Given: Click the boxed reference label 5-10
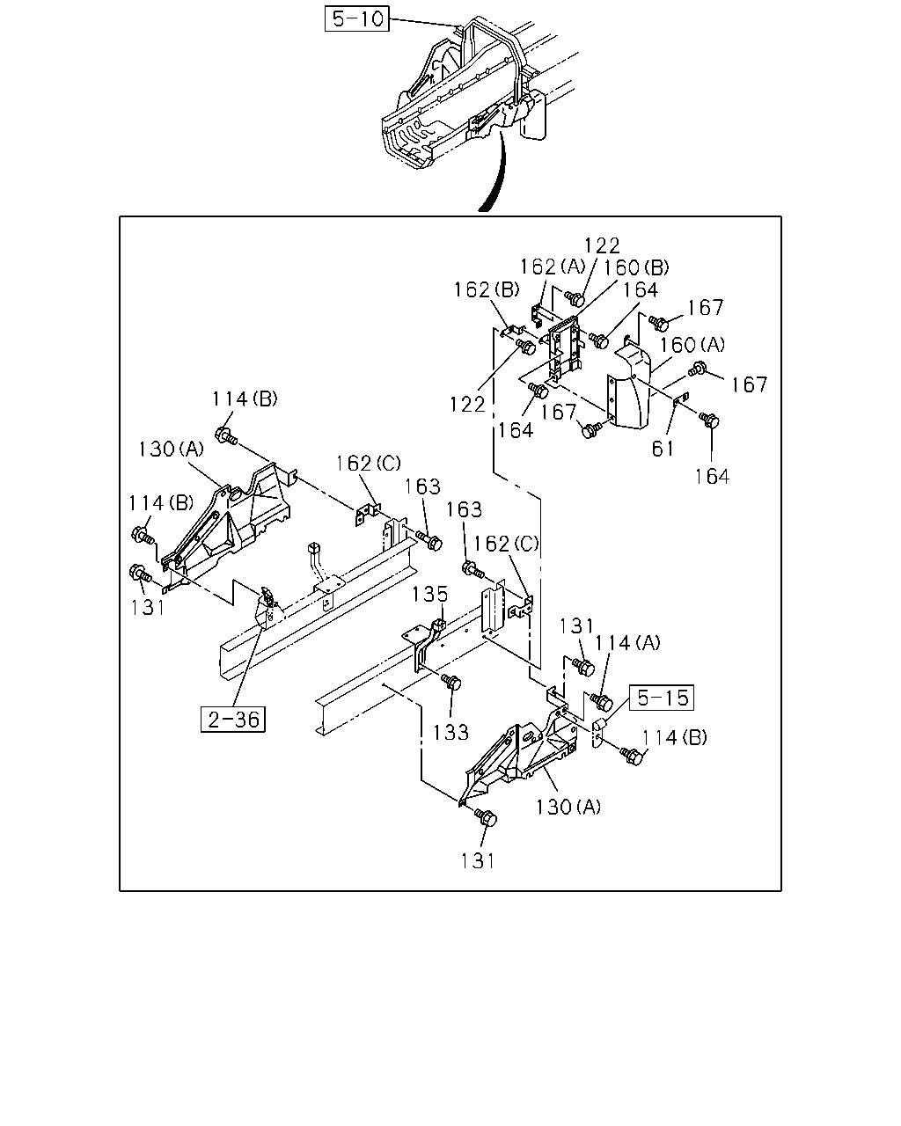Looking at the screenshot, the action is click(x=356, y=19).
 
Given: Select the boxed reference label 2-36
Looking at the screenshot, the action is click(x=233, y=720).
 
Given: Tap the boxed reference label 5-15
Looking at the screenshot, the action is click(x=662, y=698).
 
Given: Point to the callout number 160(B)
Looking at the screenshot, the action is click(x=636, y=268).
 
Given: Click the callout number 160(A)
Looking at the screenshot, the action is click(x=692, y=345).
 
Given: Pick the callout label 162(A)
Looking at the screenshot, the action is click(x=553, y=267).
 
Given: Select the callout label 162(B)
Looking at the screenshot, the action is click(x=487, y=289).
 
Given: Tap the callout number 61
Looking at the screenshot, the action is click(x=663, y=449).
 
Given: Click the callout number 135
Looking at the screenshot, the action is click(x=429, y=595).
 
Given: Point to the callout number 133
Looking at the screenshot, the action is click(x=450, y=733).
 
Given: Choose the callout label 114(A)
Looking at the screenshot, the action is click(x=627, y=642).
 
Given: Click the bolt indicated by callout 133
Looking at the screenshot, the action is click(x=451, y=682).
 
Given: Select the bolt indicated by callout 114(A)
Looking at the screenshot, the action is click(x=602, y=702).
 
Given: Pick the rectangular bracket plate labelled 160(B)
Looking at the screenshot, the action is click(x=565, y=347).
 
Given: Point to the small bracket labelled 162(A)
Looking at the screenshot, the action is click(x=538, y=313).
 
